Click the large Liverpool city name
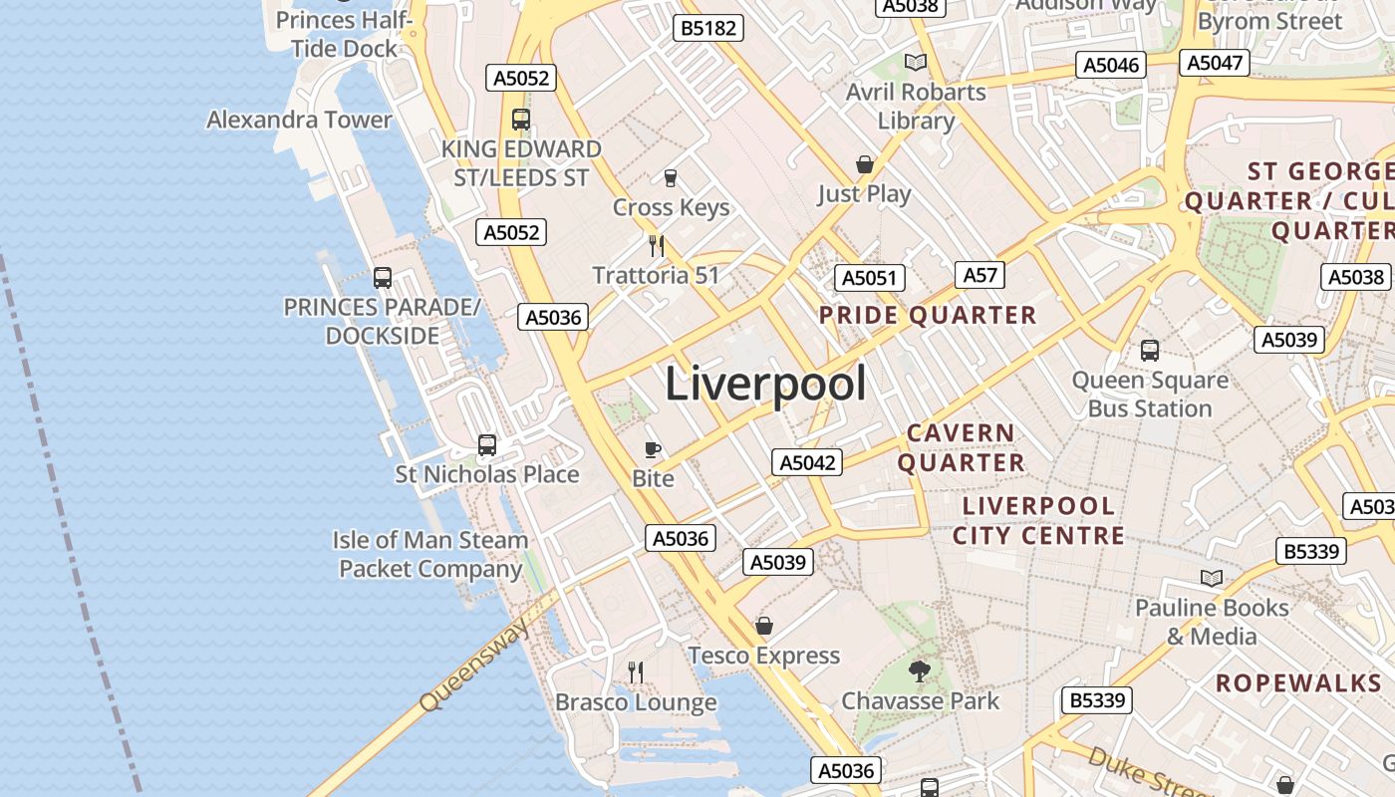click(765, 384)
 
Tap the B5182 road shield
click(708, 28)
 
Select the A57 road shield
click(979, 275)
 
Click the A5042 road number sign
click(807, 462)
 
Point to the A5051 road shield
click(870, 278)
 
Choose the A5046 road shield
click(1111, 65)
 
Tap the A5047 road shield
click(1216, 63)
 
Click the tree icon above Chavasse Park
click(920, 671)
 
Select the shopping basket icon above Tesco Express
click(764, 626)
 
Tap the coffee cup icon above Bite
click(653, 449)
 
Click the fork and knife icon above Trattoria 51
click(656, 245)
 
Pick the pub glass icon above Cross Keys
click(671, 178)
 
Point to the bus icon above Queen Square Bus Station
click(1150, 351)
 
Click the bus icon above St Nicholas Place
click(487, 444)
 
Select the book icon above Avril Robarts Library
click(916, 63)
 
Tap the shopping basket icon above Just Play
click(865, 164)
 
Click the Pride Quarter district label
click(928, 316)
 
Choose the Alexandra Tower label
click(299, 120)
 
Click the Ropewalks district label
click(1298, 682)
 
